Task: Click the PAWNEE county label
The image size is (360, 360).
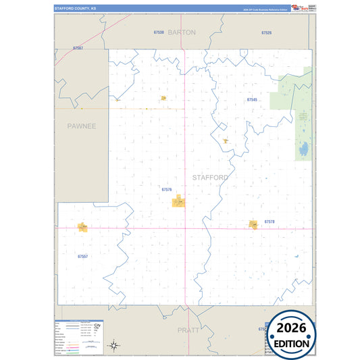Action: click(x=82, y=126)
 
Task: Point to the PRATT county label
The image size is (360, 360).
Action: click(x=188, y=330)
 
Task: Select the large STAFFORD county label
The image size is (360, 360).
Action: click(x=210, y=178)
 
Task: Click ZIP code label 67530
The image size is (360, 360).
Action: click(x=159, y=32)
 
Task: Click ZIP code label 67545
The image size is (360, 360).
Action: click(x=252, y=99)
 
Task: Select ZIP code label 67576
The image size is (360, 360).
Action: click(x=167, y=190)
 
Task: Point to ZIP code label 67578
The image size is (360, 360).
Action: click(x=269, y=222)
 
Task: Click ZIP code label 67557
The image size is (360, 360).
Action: click(x=83, y=257)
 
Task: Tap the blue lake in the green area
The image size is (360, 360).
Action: click(x=305, y=149)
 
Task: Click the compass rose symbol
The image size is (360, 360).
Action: click(x=115, y=346)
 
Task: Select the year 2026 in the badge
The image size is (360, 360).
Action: click(x=291, y=328)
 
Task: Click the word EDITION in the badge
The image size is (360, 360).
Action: click(x=292, y=343)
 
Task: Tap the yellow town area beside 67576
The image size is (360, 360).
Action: click(x=178, y=201)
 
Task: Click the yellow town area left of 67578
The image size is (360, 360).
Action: click(x=254, y=224)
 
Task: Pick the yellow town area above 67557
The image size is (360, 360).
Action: click(x=82, y=228)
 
